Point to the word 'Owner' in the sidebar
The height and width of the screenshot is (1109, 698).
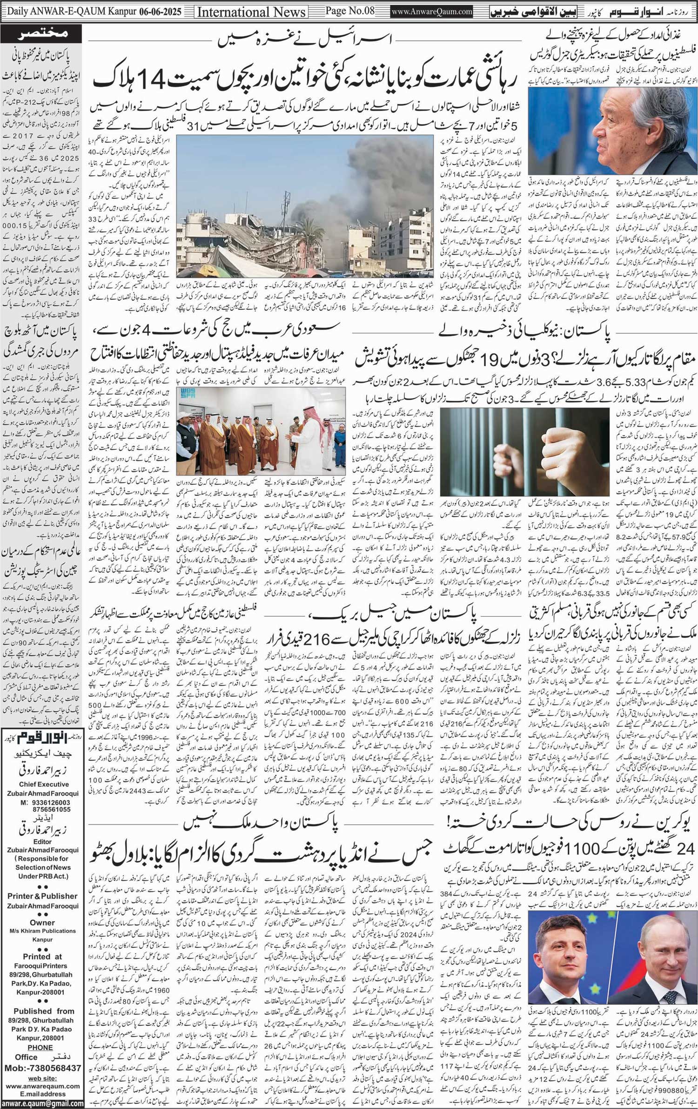(42, 922)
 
